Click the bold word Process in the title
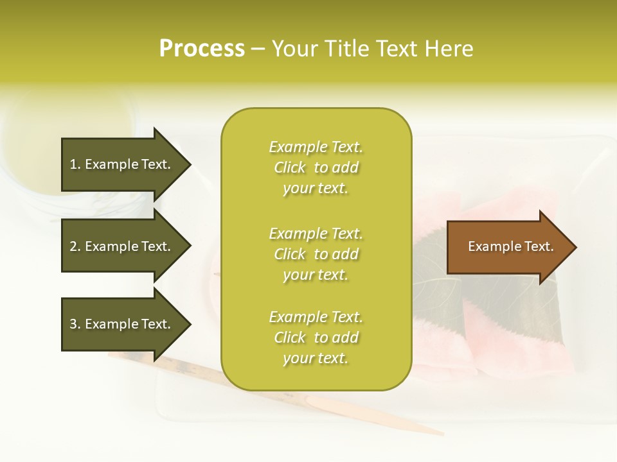[202, 49]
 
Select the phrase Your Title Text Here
[372, 49]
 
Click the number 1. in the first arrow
[75, 164]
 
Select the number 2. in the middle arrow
[75, 246]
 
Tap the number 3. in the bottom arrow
[75, 324]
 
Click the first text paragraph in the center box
[316, 167]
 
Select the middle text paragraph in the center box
[316, 254]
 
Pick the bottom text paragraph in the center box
[316, 338]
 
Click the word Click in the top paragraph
[290, 167]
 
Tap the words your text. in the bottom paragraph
[316, 358]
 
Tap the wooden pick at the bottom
[360, 411]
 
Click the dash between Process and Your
[258, 49]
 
